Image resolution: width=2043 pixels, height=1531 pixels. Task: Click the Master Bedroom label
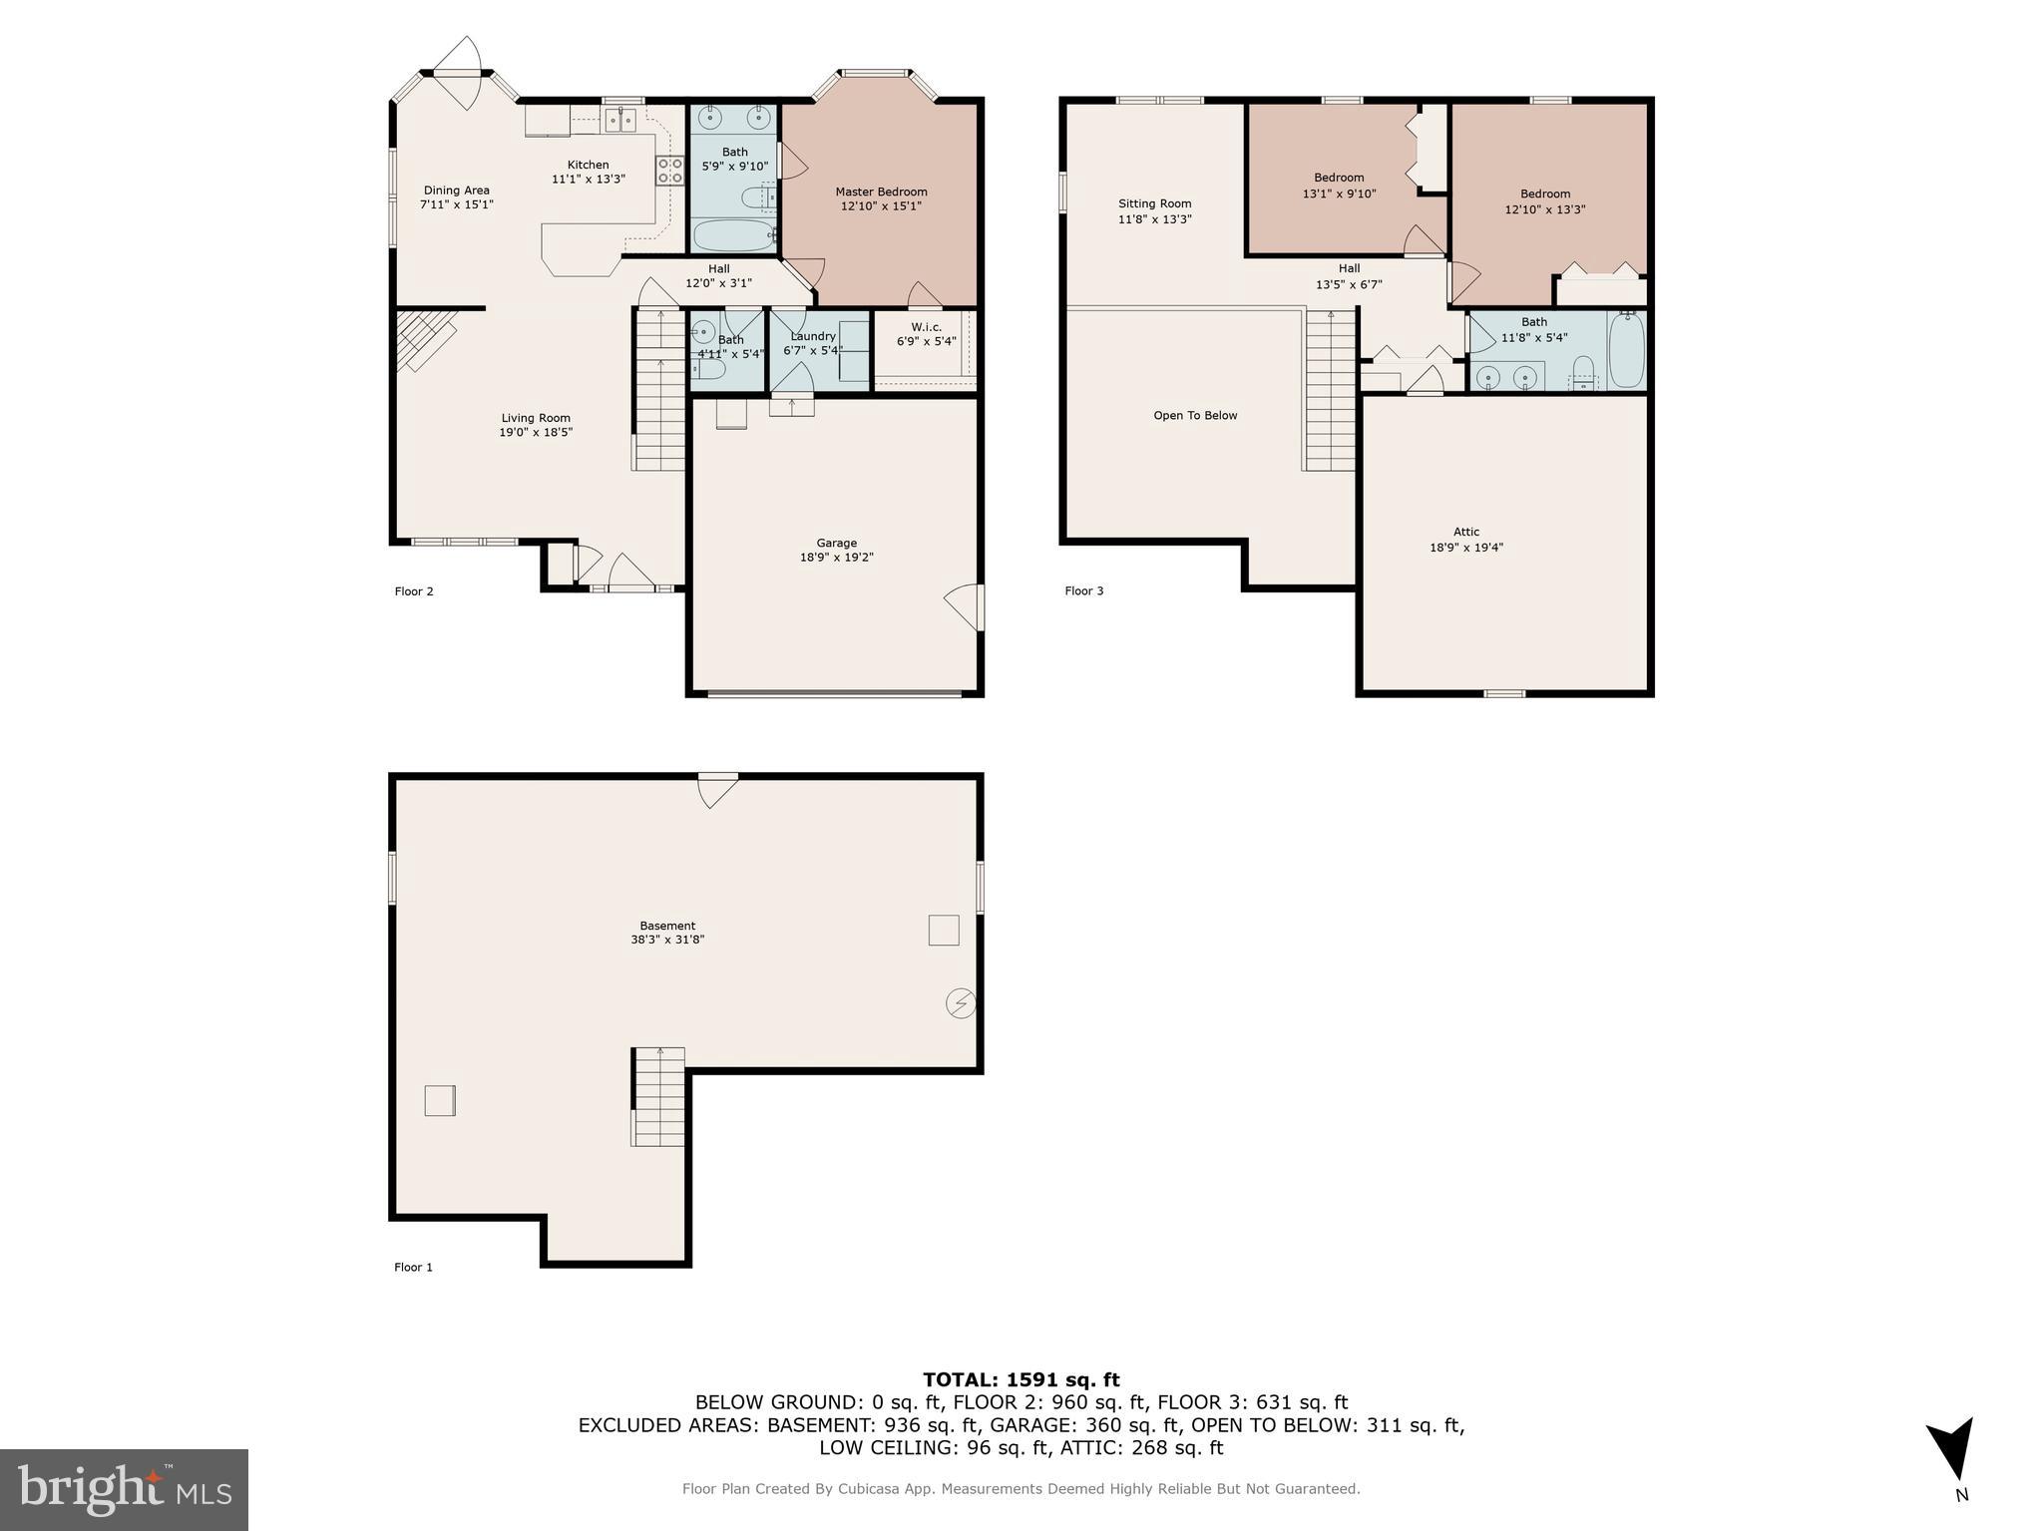click(x=881, y=191)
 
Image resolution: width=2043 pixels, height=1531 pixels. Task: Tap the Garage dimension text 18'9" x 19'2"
click(x=836, y=558)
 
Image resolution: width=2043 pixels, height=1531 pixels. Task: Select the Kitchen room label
click(x=588, y=165)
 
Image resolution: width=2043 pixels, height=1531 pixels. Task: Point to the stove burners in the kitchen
click(x=669, y=171)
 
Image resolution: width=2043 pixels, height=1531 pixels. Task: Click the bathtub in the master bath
click(x=733, y=235)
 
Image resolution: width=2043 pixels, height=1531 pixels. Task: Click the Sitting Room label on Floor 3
click(x=1154, y=203)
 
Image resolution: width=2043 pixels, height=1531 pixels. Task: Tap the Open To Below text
click(x=1195, y=416)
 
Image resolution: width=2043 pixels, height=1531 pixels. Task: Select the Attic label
click(x=1465, y=532)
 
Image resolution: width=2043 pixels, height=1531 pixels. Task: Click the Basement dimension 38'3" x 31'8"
click(x=667, y=940)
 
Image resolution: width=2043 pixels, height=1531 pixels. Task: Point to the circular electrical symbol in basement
click(x=961, y=1002)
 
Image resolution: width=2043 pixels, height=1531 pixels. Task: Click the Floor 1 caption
click(x=413, y=1267)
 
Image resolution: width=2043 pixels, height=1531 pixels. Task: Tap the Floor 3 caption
click(x=1083, y=590)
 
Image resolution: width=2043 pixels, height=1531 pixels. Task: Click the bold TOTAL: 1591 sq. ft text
click(x=1021, y=1379)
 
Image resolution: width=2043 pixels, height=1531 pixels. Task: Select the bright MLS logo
click(x=124, y=1489)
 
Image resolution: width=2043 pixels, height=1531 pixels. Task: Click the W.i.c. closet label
click(x=926, y=327)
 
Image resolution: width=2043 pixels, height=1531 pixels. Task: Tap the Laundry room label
click(x=812, y=336)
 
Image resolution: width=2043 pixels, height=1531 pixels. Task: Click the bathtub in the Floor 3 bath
click(x=1626, y=349)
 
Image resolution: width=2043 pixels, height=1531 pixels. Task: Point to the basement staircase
click(x=658, y=1097)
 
